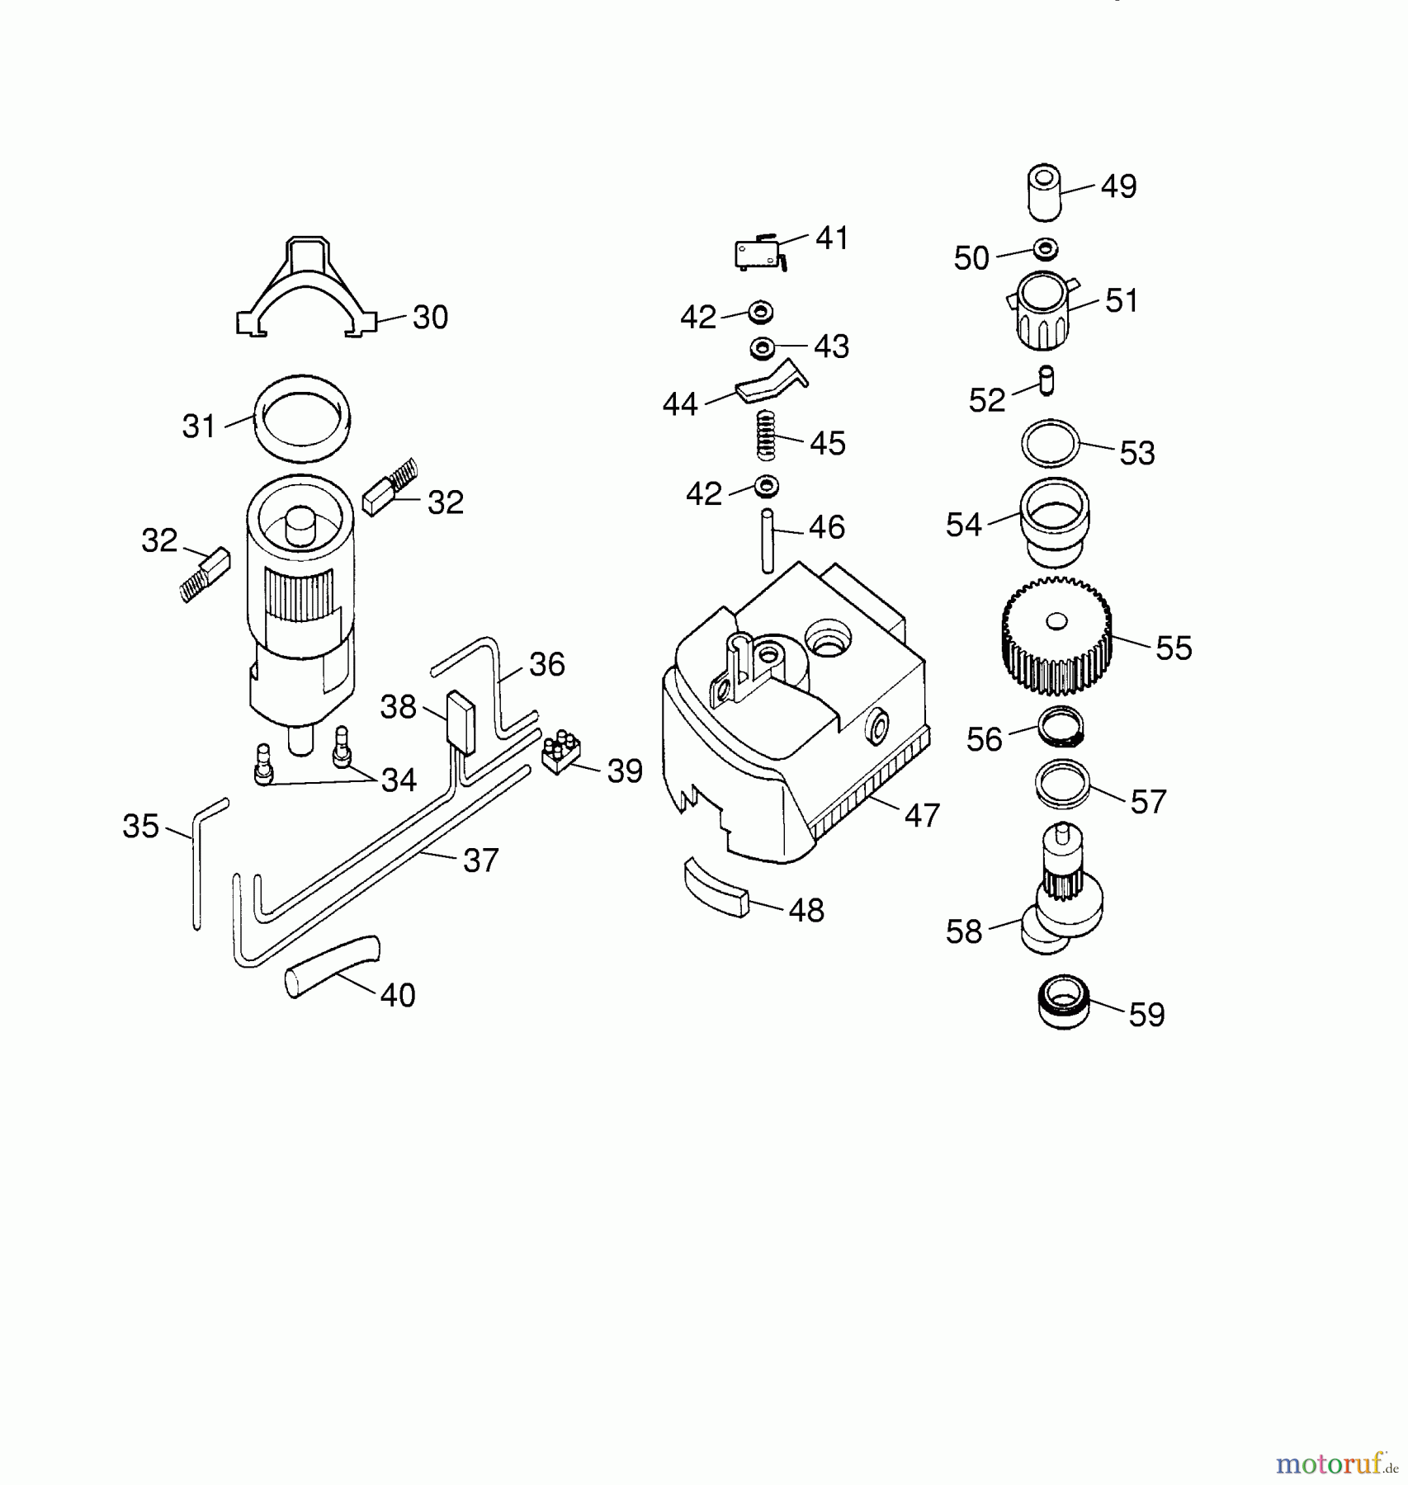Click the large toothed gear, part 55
point(1056,636)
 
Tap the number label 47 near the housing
point(922,815)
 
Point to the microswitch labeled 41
point(757,253)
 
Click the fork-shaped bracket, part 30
point(305,289)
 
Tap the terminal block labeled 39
point(561,752)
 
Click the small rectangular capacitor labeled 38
point(461,723)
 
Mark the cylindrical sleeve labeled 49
point(1044,191)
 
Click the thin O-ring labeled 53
point(1050,444)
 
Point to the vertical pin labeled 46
point(768,540)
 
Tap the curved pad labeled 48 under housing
point(715,885)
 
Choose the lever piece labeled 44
point(771,381)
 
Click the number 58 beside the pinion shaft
point(963,932)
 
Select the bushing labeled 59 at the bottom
point(1062,1001)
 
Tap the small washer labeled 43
point(762,347)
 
